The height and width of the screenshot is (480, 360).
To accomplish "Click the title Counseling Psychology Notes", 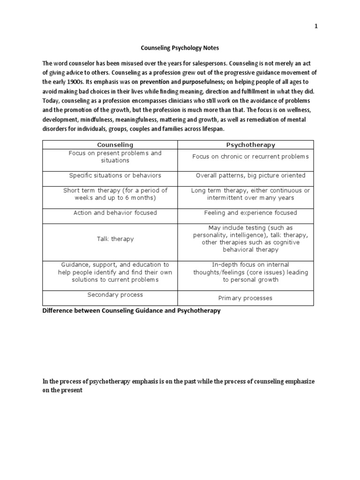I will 180,48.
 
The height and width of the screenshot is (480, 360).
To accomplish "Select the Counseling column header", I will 115,145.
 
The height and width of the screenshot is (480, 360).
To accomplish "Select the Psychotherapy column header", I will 250,145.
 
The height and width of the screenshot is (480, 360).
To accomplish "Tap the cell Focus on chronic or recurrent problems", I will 250,157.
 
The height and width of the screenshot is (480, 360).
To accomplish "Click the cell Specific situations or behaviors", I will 115,175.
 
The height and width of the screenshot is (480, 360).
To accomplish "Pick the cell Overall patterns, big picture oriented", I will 250,175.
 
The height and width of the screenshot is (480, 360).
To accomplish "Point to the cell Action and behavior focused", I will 115,213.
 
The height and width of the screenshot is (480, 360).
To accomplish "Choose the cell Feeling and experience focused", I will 250,213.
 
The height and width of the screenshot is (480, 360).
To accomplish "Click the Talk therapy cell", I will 115,239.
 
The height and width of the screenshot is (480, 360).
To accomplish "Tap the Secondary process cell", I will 115,295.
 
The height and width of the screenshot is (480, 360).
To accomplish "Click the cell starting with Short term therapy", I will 115,194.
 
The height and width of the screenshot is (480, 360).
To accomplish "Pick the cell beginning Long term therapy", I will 250,194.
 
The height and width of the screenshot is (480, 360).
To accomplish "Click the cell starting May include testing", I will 250,239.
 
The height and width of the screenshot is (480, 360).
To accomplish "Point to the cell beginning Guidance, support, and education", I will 115,272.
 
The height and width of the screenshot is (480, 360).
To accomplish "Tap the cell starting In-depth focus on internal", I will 250,272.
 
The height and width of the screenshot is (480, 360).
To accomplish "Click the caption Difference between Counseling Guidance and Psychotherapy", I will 131,311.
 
